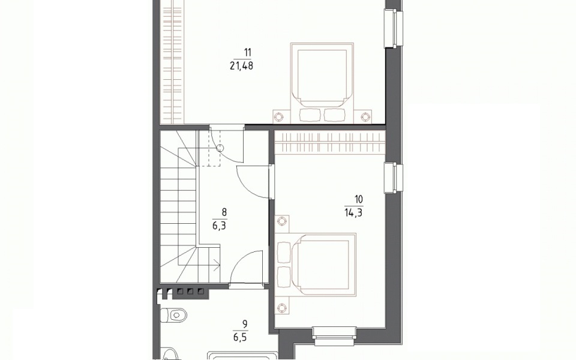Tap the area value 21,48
[241, 66]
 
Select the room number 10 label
[359, 199]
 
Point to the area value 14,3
[353, 212]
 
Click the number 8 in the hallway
[224, 212]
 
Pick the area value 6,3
[220, 226]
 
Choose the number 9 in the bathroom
[245, 324]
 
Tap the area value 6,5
[240, 337]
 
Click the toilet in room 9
[174, 315]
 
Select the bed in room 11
[322, 83]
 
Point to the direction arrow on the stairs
[215, 265]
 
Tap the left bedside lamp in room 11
[279, 117]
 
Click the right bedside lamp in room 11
[365, 117]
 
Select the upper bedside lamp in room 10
[282, 221]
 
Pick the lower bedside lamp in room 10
[282, 307]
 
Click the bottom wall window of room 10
[335, 336]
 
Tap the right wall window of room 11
[393, 28]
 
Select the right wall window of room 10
[393, 178]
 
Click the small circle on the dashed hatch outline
[220, 148]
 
